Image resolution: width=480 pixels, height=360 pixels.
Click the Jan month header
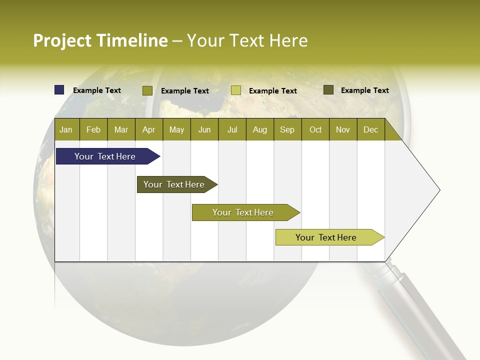pos(66,129)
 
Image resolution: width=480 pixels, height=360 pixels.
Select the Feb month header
pos(93,129)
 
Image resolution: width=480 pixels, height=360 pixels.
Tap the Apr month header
pos(148,129)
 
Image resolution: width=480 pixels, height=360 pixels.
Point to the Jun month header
pos(204,129)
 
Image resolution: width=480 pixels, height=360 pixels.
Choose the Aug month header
pos(259,129)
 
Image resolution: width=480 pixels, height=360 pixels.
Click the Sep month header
pos(287,129)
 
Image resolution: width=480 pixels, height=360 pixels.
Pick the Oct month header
pos(315,129)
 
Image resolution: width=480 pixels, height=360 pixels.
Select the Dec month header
pos(370,129)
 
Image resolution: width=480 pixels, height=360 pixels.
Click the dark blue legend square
pos(59,90)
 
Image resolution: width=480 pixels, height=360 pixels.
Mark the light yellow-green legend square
pos(236,90)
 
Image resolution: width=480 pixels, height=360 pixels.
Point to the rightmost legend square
pos(328,90)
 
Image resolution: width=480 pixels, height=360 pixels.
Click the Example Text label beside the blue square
pos(96,90)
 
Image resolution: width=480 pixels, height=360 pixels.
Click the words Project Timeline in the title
pos(100,40)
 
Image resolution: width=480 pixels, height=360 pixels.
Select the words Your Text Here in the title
pos(247,40)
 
